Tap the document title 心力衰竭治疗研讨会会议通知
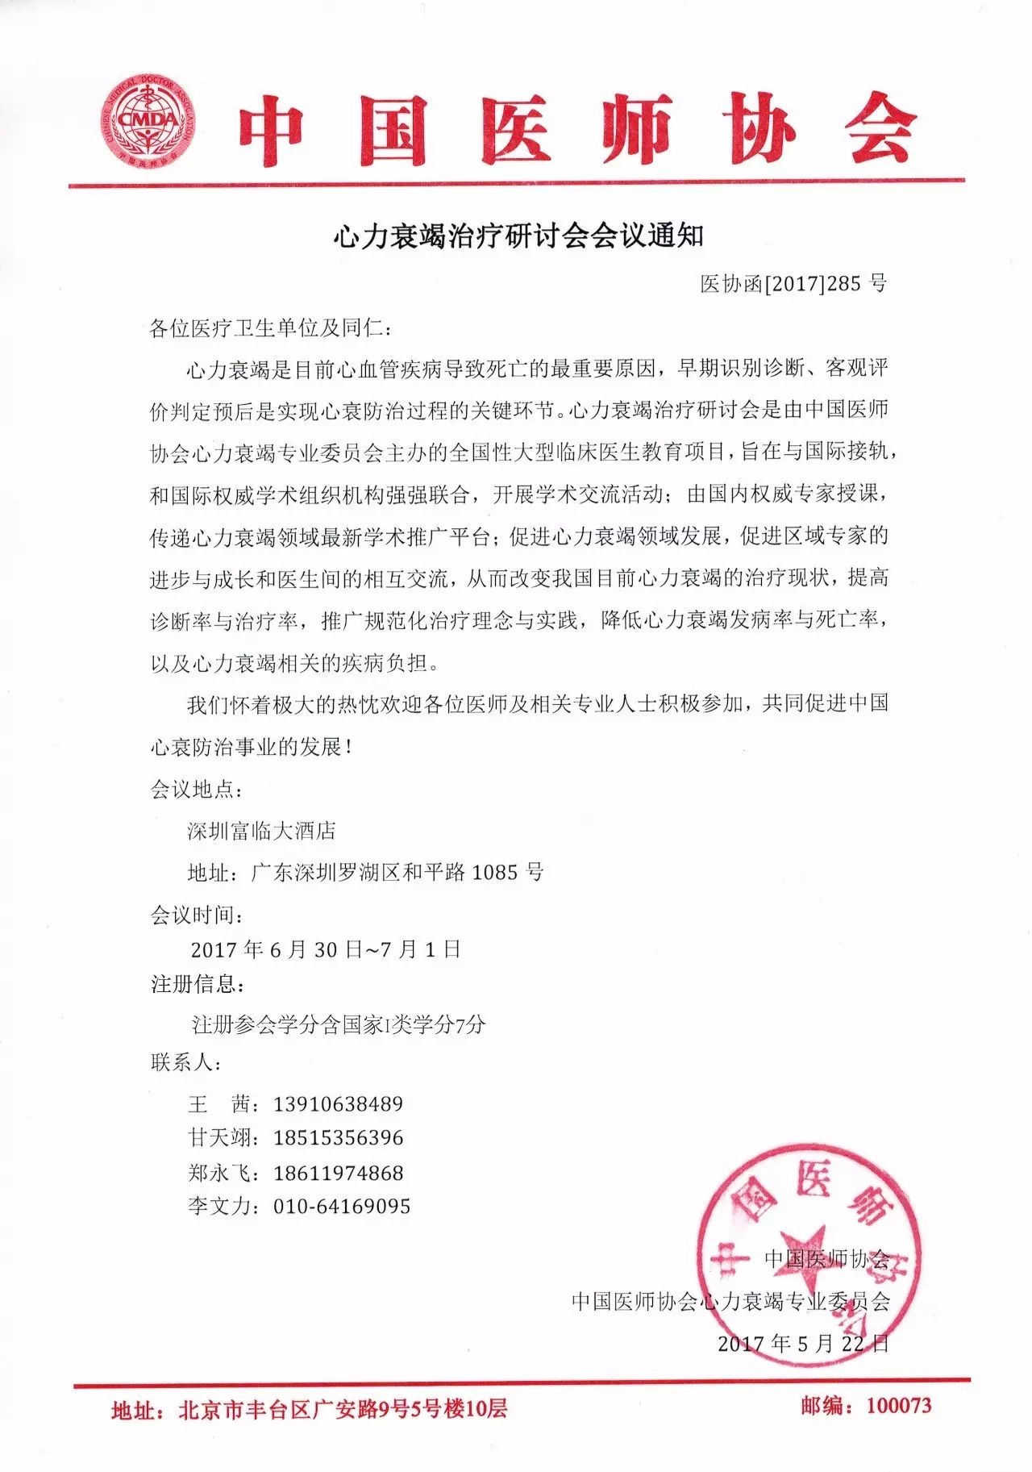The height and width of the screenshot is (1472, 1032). (x=518, y=236)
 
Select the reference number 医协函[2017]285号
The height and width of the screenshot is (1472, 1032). (x=793, y=283)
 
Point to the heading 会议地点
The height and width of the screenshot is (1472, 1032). (x=195, y=789)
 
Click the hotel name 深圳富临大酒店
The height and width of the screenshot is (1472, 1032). (x=261, y=831)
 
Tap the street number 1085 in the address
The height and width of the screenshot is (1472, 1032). (x=494, y=872)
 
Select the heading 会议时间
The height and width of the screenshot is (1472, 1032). (x=195, y=915)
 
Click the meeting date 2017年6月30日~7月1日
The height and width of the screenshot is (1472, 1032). (x=326, y=949)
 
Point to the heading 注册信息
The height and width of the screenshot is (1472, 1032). (x=195, y=984)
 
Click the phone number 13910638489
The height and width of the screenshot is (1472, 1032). (x=338, y=1103)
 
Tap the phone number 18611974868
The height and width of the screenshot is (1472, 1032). (x=338, y=1173)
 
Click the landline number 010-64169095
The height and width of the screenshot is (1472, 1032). (x=342, y=1207)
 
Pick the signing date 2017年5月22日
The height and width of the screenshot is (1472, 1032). (x=803, y=1343)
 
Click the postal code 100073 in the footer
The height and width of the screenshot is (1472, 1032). (x=899, y=1406)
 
